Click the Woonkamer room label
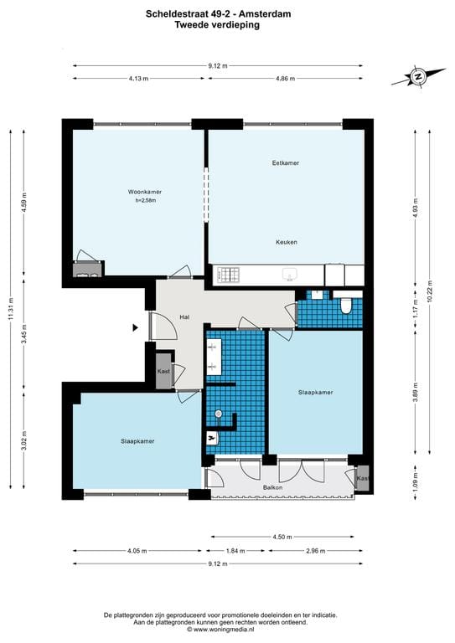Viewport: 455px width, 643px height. coord(138,192)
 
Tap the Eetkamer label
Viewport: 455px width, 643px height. coord(286,162)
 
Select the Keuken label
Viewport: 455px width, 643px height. coord(286,242)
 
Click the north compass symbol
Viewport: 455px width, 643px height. coord(416,77)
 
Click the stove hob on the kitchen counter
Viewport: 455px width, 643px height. coord(228,273)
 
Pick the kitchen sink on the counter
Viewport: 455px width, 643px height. coord(290,273)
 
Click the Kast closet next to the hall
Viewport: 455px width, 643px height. coord(164,371)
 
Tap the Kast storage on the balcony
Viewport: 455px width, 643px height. coord(362,479)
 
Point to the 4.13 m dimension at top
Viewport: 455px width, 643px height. coord(138,79)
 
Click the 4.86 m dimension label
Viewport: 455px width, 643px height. coord(286,79)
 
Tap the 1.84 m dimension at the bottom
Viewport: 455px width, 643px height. coord(235,551)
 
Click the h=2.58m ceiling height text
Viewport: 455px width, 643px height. coord(146,201)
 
